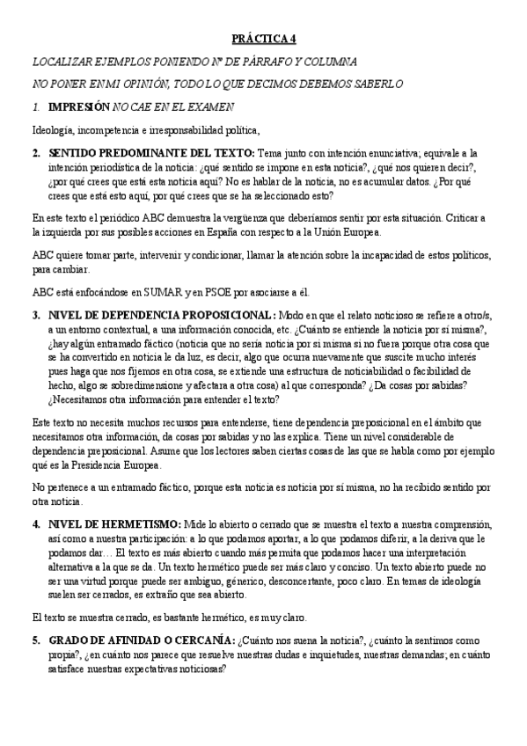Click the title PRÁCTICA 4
coord(264,39)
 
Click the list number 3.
coord(36,316)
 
